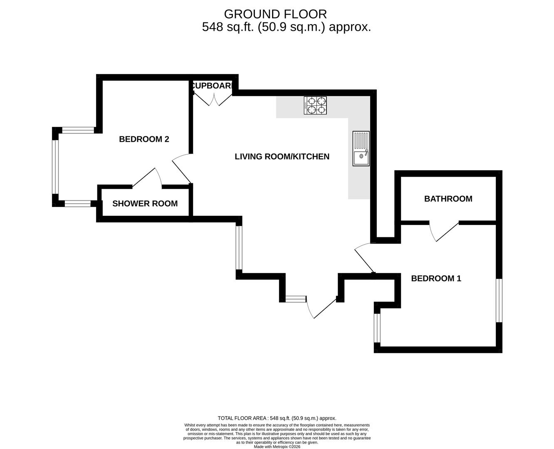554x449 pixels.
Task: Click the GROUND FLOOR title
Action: [x=275, y=14]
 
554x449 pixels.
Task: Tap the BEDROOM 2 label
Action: [x=144, y=139]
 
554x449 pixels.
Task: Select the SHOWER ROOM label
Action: [x=145, y=204]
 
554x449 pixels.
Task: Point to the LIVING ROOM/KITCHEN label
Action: [x=282, y=157]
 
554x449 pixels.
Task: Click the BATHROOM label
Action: [x=448, y=199]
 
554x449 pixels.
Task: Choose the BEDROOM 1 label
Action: [x=436, y=279]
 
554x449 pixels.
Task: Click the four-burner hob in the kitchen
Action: [x=315, y=105]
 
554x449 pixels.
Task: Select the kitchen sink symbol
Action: [x=361, y=148]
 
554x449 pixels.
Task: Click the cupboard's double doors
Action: [x=213, y=99]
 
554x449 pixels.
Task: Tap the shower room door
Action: [x=147, y=179]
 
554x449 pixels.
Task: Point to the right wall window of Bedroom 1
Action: [x=499, y=300]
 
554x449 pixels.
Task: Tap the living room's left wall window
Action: [x=239, y=248]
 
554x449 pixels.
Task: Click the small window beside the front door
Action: [x=295, y=298]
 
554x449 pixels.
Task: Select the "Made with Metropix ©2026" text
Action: [x=277, y=447]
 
